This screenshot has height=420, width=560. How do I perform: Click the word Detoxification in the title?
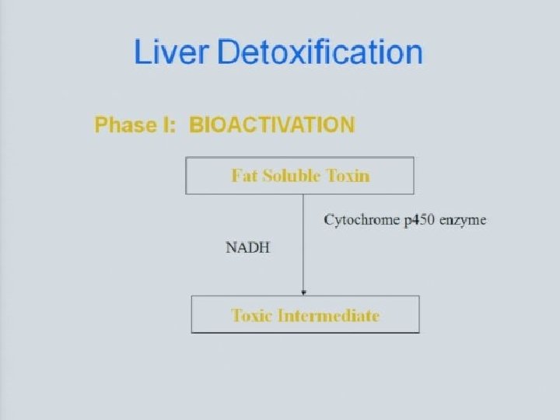pos(320,53)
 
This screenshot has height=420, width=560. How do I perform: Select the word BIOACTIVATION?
pos(272,124)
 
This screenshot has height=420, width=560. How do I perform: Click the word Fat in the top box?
pos(243,175)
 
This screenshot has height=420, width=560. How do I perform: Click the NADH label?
pos(247,248)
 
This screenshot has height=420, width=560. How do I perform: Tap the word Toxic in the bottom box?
pos(254,315)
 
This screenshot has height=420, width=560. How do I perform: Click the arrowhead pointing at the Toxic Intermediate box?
pos(303,292)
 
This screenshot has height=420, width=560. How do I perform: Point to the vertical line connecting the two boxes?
pos(303,241)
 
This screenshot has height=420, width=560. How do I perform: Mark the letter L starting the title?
pos(142,53)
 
